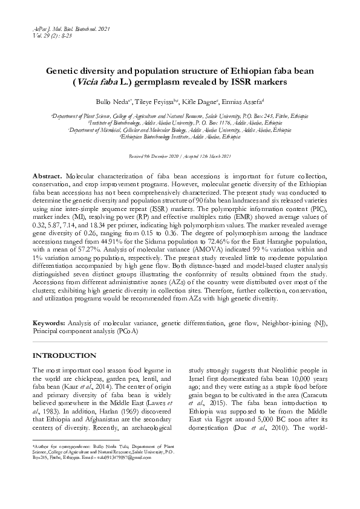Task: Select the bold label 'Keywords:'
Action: [x=49, y=324]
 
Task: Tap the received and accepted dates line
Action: [x=180, y=157]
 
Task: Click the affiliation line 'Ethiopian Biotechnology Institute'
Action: [x=180, y=137]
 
